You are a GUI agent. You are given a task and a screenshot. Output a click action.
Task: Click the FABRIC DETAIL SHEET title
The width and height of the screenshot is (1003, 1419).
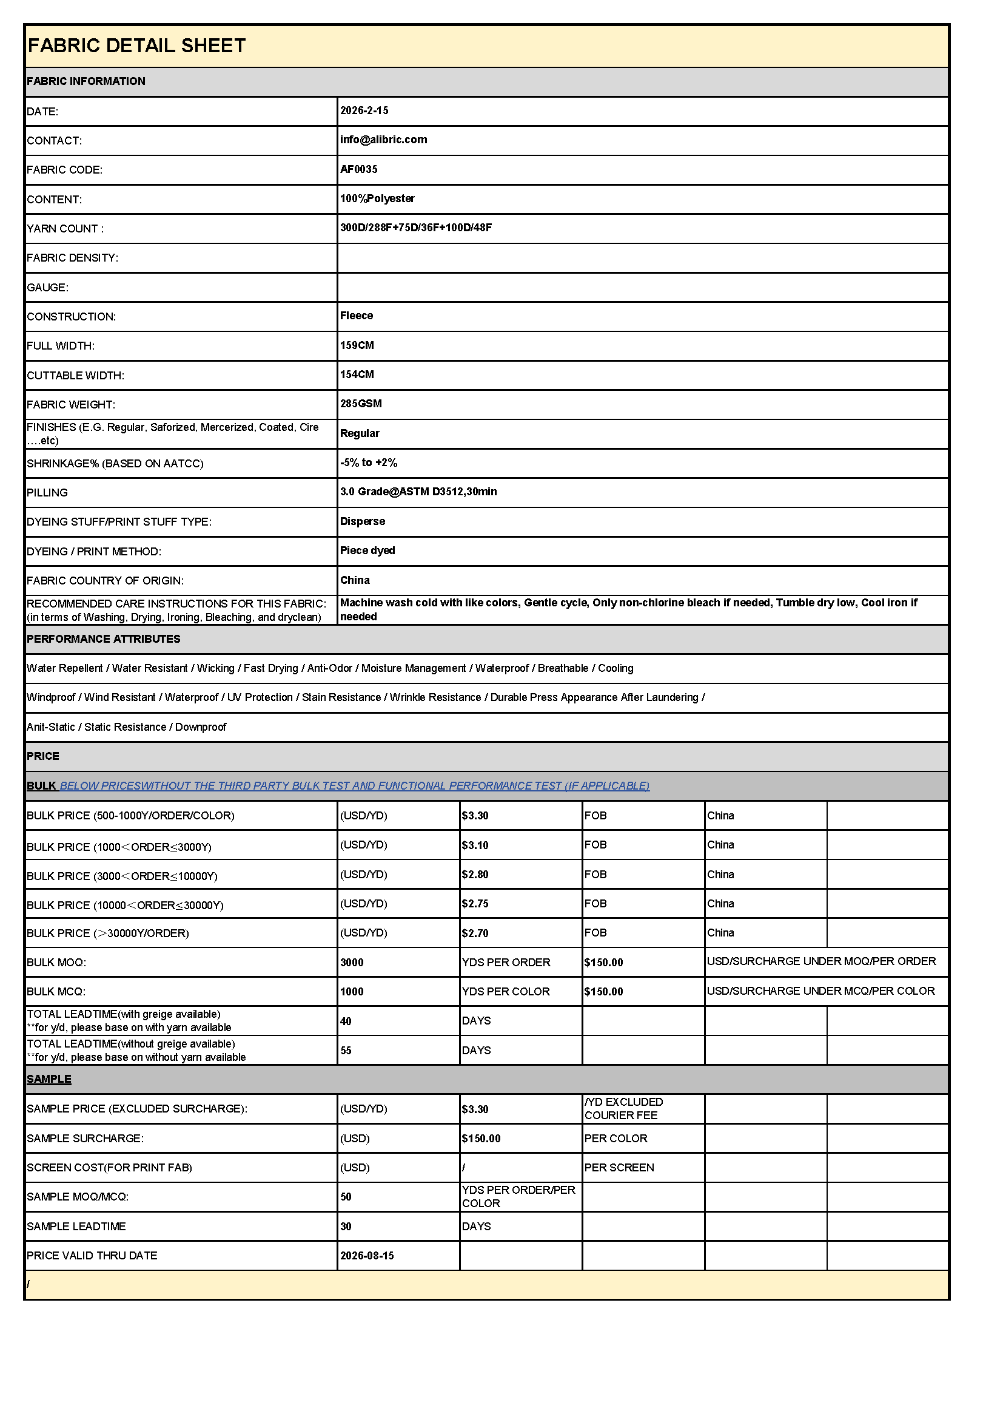point(136,46)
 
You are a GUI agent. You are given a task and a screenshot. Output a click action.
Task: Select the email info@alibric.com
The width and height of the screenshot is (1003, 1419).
point(383,140)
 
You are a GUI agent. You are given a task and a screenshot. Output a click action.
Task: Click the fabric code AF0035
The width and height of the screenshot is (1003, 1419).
point(359,169)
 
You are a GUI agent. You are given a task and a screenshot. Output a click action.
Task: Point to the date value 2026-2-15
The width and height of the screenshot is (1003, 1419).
point(364,110)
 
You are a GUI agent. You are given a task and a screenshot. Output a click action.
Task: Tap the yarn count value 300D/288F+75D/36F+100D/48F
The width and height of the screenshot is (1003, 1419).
point(415,228)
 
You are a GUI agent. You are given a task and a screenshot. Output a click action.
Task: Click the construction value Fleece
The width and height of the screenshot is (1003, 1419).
point(357,316)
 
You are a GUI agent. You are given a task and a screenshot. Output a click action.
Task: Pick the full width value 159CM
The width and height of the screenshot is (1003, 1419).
point(357,345)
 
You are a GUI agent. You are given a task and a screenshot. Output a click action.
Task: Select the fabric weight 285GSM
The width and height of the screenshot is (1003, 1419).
point(361,404)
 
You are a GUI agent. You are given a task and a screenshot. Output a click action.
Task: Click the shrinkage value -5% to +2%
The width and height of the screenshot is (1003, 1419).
point(369,462)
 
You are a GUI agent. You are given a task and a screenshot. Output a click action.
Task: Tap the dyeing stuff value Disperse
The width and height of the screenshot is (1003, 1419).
point(363,521)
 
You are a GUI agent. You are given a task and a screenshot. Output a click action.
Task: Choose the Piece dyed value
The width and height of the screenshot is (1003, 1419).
point(367,550)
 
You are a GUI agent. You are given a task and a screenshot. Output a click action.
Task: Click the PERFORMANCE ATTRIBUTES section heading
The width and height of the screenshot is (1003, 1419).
point(103,639)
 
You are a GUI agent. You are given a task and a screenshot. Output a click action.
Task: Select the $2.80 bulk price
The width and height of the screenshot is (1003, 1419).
point(475,875)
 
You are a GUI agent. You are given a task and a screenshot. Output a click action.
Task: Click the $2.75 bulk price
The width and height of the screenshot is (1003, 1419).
point(475,904)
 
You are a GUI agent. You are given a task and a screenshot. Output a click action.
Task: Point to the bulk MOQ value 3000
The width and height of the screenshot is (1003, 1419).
point(352,962)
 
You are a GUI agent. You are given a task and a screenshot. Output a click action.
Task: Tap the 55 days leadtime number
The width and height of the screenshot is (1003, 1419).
point(346,1051)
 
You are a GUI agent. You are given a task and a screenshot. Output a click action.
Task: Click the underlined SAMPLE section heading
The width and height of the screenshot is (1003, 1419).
point(49,1079)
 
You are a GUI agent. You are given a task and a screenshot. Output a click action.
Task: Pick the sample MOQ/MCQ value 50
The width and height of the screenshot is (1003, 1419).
point(346,1197)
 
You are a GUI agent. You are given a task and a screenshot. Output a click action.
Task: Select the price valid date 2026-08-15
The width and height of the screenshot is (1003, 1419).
point(367,1256)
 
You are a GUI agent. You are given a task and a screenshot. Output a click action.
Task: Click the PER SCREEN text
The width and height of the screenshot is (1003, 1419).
point(619,1168)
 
